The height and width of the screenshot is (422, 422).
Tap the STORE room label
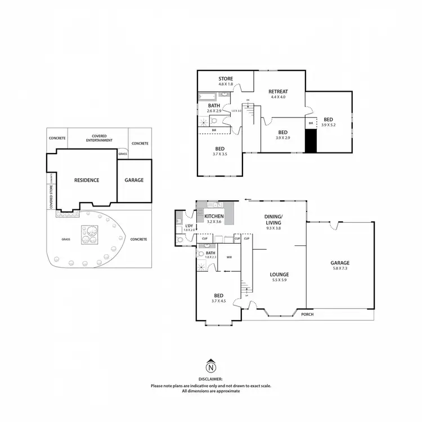click(225, 79)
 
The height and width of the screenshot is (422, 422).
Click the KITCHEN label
click(214, 216)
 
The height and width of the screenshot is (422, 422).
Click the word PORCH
click(307, 314)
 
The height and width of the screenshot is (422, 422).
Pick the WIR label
click(230, 257)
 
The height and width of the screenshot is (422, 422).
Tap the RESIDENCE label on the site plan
click(87, 180)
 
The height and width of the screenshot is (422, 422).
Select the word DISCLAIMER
click(210, 380)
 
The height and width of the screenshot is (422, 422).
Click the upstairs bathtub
click(206, 96)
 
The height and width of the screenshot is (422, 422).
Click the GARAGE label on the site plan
click(134, 180)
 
